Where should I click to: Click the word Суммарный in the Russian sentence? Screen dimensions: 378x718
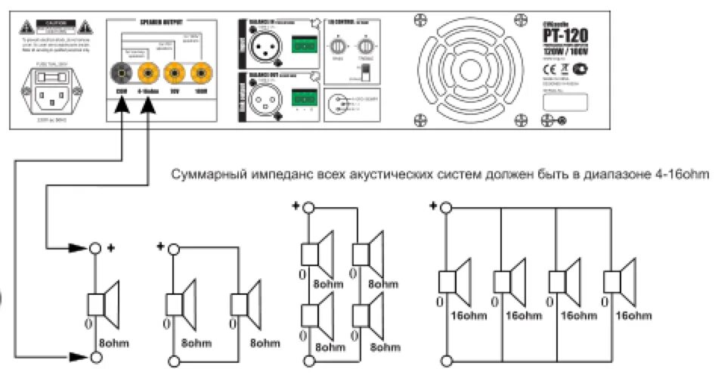tap(200, 175)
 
